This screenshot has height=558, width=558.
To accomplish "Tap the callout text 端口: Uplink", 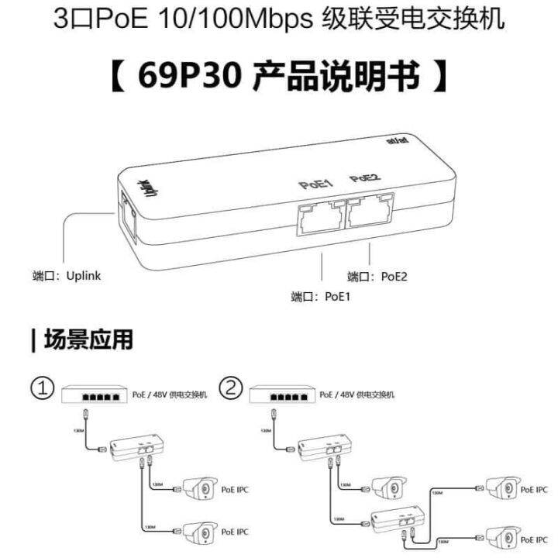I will [67, 275].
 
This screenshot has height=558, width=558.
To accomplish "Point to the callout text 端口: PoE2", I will [377, 277].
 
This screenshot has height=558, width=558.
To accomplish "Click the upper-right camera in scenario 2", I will [501, 488].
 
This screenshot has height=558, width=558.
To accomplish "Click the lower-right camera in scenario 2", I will [501, 536].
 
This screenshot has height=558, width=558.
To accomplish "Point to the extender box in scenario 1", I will [136, 447].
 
